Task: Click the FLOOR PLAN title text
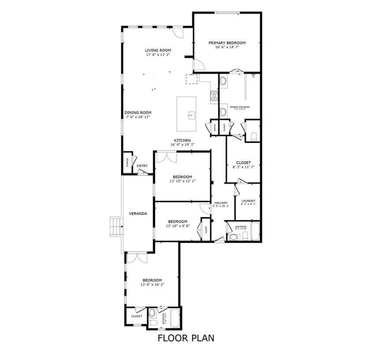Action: (x=186, y=338)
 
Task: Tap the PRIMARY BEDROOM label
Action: (x=227, y=43)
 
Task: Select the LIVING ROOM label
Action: (x=158, y=50)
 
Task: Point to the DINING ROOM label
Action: (x=138, y=113)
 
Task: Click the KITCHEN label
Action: (x=182, y=141)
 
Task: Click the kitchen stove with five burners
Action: (x=214, y=96)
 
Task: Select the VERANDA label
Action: (x=138, y=214)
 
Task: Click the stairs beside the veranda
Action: (x=116, y=226)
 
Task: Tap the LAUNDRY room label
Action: (x=248, y=201)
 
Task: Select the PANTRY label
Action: (x=215, y=127)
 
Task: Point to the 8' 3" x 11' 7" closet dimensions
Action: (x=243, y=167)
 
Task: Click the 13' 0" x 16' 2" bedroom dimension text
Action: (x=152, y=285)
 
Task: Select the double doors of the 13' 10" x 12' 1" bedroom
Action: (x=166, y=156)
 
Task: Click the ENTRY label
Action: (x=142, y=166)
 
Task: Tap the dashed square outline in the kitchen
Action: (x=192, y=79)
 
